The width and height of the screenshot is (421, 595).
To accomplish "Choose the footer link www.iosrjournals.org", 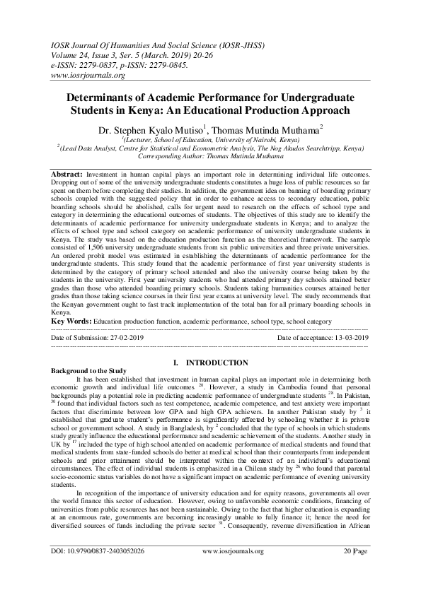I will [x=233, y=570].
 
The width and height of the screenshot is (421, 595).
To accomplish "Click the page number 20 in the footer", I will [x=347, y=570].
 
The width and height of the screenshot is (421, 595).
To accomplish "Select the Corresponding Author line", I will [x=210, y=156].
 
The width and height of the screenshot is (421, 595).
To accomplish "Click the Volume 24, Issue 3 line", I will [x=89, y=52].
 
